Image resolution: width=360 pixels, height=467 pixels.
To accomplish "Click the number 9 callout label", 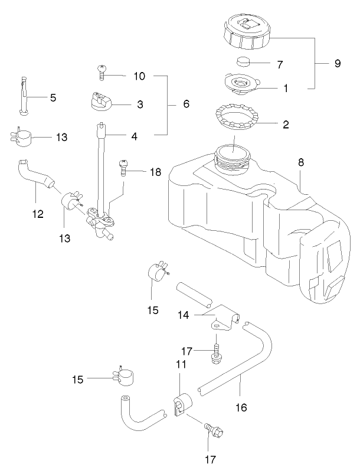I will click(338, 64).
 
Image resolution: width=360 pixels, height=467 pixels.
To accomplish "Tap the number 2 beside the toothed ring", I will click(286, 125).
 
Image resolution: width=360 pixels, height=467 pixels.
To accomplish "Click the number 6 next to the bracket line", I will click(186, 104).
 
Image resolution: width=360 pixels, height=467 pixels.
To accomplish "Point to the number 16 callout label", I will click(241, 407).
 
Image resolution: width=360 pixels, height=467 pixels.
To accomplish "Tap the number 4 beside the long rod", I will click(135, 136).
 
